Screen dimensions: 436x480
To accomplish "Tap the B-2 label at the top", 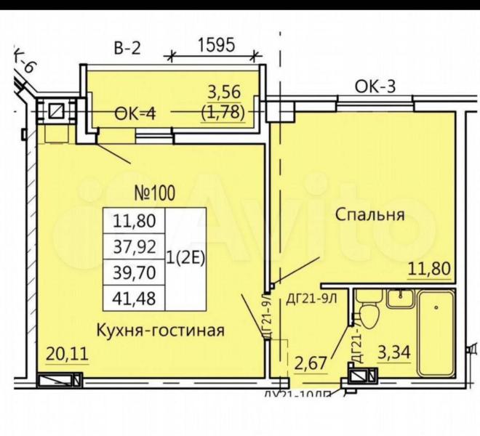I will (127, 49).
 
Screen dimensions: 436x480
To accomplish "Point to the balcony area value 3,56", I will (223, 92).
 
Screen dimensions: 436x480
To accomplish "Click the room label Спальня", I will (370, 214).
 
